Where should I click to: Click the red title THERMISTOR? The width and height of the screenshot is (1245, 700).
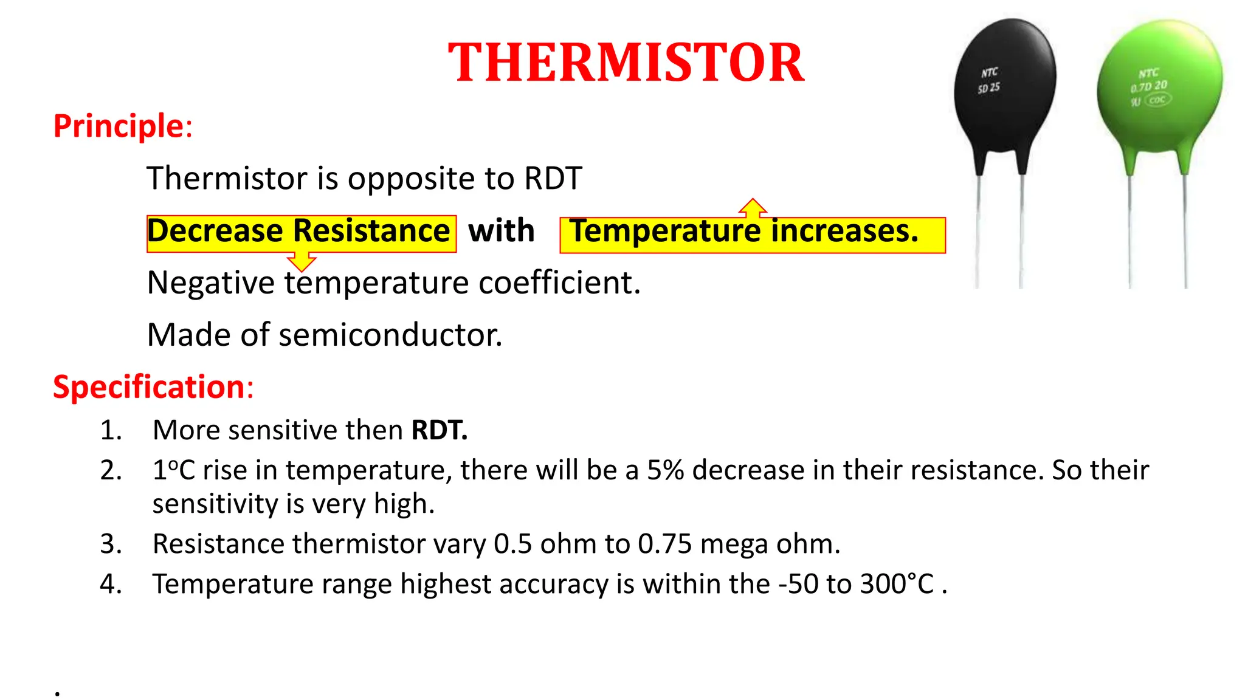point(626,63)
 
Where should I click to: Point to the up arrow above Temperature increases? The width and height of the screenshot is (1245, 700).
point(753,208)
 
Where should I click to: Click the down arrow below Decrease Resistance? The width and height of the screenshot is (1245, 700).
point(302,262)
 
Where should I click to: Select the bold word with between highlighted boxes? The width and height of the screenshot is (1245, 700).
point(501,232)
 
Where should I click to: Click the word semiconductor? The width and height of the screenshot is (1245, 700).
point(390,335)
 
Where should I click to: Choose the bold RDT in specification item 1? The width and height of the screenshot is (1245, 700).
point(439,430)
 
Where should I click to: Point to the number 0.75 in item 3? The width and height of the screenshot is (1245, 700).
point(664,544)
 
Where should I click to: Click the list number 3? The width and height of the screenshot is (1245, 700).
point(111,544)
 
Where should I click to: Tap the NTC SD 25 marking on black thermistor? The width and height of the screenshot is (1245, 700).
point(989,80)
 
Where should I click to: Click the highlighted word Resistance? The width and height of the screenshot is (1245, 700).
point(371,232)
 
